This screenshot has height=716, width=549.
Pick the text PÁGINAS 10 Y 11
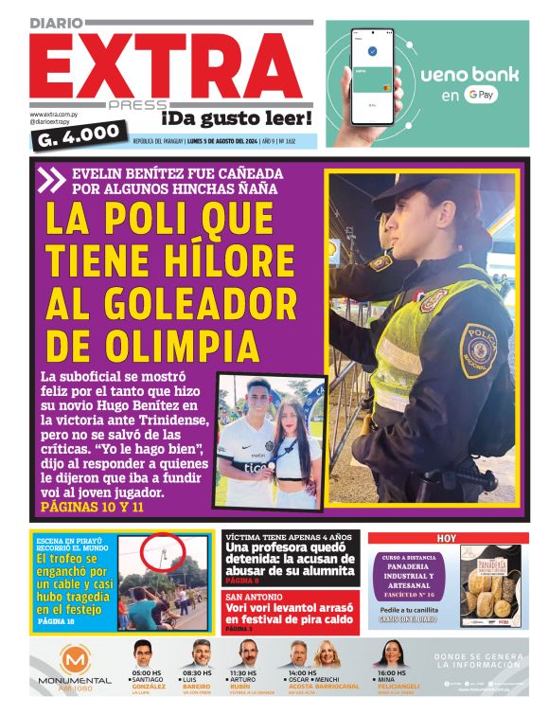pos(93,508)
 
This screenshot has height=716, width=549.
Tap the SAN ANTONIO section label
pos(249,597)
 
